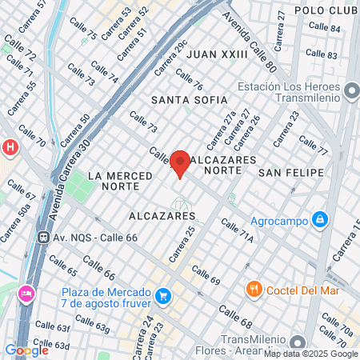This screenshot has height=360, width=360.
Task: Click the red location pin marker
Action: coord(180,163)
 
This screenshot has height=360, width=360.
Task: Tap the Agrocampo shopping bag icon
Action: coord(319,218)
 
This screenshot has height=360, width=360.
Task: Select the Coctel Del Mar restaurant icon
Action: coord(254,288)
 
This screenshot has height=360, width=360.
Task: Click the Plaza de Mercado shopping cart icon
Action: coord(163,297)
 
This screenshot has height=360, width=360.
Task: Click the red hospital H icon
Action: coord(10,147)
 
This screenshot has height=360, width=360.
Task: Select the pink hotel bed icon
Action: coord(26,294)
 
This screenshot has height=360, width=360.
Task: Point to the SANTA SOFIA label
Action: coord(189,101)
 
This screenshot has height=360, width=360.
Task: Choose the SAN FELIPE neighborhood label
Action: coord(291,173)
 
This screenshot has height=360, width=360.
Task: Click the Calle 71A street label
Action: coord(237,232)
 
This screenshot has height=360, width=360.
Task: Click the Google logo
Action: coord(26,350)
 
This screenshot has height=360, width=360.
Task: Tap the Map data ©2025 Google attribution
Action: coord(311,354)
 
